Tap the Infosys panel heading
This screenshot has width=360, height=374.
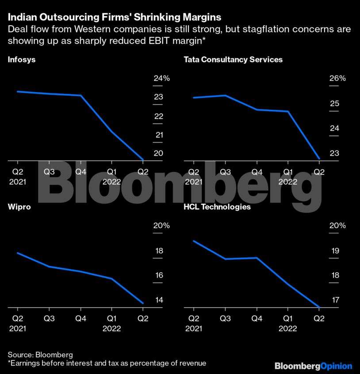click(x=22, y=59)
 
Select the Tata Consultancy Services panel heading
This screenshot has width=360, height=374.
click(x=233, y=59)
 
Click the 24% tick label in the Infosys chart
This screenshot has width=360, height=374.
click(x=161, y=78)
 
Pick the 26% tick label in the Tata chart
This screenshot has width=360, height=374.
click(x=337, y=78)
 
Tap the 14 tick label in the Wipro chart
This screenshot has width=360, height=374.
click(x=159, y=300)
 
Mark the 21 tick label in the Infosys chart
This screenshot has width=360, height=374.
click(x=159, y=135)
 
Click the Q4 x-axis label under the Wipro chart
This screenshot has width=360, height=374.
click(x=80, y=319)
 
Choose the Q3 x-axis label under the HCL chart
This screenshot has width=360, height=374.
click(x=226, y=319)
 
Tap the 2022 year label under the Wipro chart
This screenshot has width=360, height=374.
click(x=111, y=329)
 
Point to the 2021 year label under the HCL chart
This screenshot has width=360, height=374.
click(x=194, y=329)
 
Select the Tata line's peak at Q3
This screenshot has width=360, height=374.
click(x=226, y=95)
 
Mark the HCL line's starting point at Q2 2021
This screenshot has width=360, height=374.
click(x=194, y=241)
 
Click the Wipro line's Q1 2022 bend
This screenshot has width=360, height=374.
click(x=111, y=278)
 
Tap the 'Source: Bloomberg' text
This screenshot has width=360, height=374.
click(x=40, y=355)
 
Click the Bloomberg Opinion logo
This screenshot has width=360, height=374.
click(x=313, y=366)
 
